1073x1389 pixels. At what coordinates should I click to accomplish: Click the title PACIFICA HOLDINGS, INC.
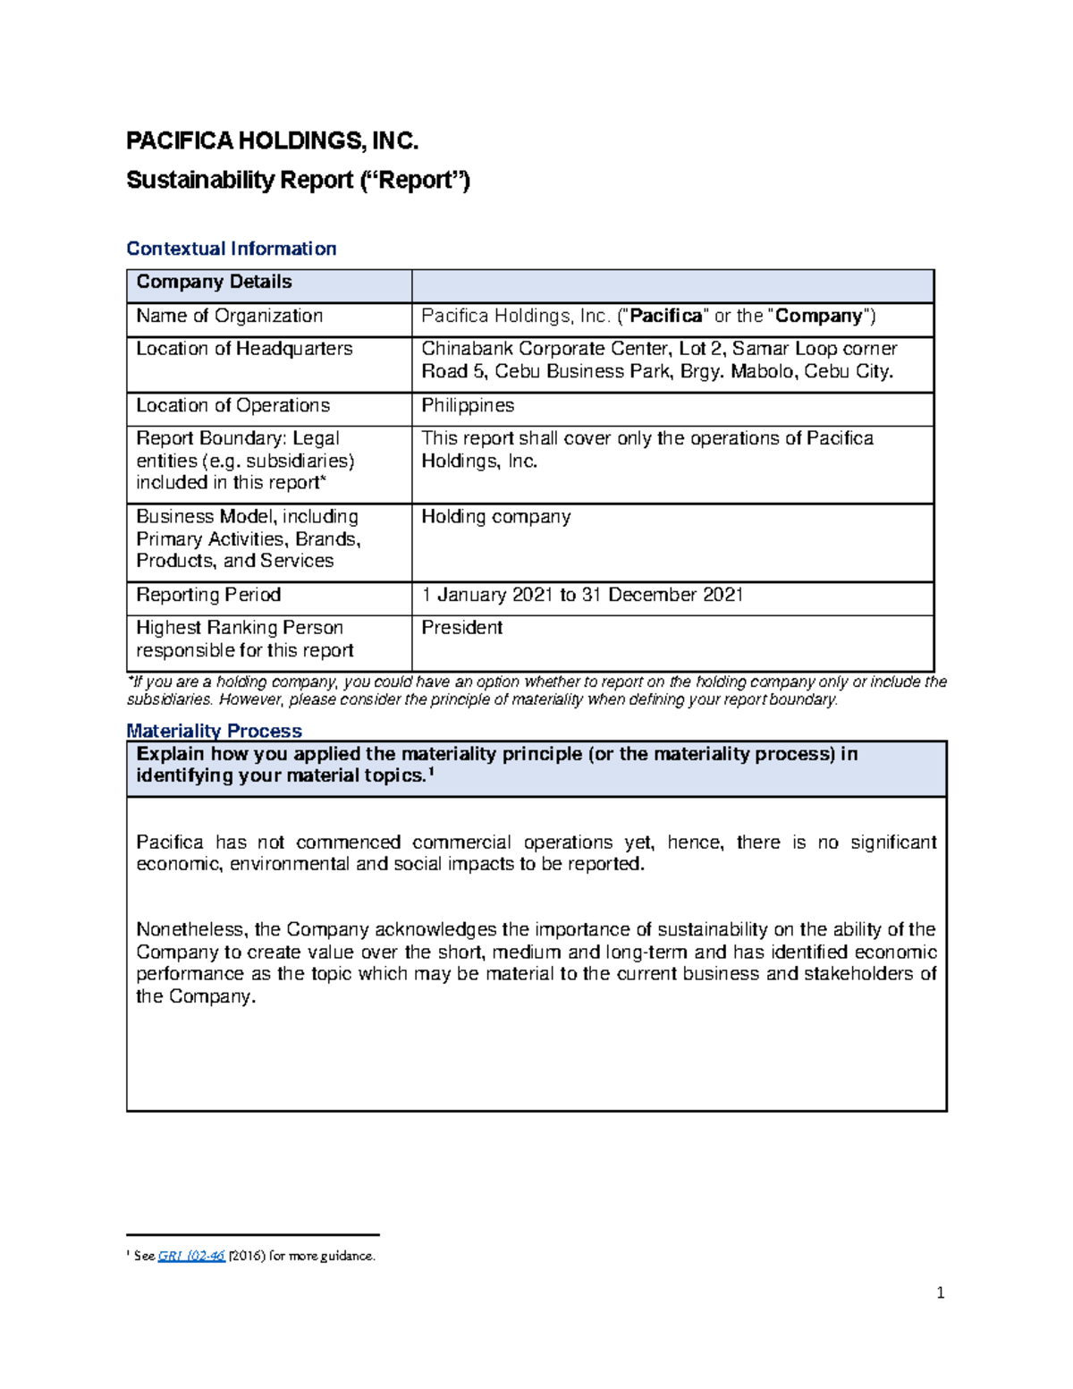coord(272,141)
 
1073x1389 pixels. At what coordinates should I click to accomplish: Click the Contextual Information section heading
coord(231,249)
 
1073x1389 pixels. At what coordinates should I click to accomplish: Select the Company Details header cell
coord(214,282)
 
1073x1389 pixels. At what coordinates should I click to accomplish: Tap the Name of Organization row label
coord(229,316)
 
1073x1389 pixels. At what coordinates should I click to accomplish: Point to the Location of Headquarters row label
coord(244,349)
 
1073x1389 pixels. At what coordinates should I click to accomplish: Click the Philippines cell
coord(468,405)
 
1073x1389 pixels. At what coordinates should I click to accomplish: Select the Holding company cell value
coord(495,517)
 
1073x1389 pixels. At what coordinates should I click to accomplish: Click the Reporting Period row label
coord(208,595)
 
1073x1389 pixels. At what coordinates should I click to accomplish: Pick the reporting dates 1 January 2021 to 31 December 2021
coord(582,595)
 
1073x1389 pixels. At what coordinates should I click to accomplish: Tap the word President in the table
coord(461,628)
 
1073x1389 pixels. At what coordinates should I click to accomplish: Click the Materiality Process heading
coord(214,731)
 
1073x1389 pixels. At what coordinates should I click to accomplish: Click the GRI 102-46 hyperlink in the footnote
coord(191,1256)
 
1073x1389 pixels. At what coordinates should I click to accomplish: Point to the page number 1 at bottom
coord(940,1292)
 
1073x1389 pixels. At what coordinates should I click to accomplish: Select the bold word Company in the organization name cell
coord(819,316)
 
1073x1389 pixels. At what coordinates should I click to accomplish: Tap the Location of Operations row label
coord(232,405)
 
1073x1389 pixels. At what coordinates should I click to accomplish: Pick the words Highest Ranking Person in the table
coord(240,628)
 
